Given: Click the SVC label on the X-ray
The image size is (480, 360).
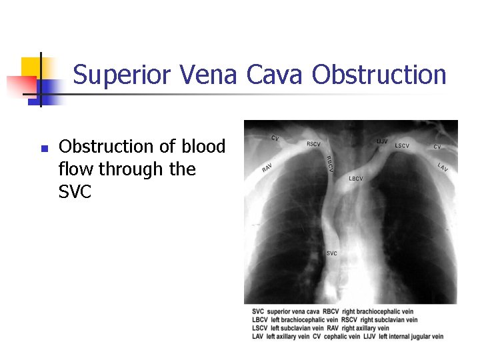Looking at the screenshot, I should point(331,253).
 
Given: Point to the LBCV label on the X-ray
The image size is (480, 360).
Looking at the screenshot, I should point(356,179).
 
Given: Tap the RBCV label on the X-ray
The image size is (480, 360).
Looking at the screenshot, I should point(329,163).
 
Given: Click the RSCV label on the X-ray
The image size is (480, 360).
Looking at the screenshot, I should point(313,143).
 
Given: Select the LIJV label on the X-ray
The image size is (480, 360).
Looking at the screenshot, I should point(381,141).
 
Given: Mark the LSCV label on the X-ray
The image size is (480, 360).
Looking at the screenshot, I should point(402,145).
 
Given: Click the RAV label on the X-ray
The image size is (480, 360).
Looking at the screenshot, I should point(267,169).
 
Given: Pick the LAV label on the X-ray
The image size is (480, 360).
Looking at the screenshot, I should point(443,167).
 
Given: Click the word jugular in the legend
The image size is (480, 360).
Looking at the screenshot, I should point(415,337).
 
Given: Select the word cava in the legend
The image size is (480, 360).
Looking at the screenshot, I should point(310,311).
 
